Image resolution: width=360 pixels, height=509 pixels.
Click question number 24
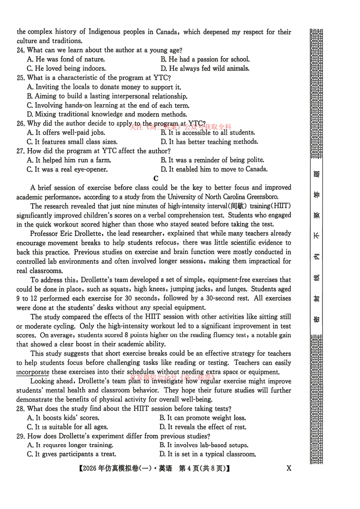20,50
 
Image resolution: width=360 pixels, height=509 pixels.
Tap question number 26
20,123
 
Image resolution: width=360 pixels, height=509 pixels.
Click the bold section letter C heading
156,178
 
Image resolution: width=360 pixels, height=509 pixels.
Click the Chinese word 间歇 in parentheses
238,206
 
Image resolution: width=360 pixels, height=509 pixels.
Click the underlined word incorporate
33,372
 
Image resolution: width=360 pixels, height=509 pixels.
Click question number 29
20,436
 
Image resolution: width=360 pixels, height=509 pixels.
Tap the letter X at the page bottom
289,468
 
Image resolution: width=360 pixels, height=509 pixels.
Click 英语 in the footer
165,468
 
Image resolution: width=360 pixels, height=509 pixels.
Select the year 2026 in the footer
90,468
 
